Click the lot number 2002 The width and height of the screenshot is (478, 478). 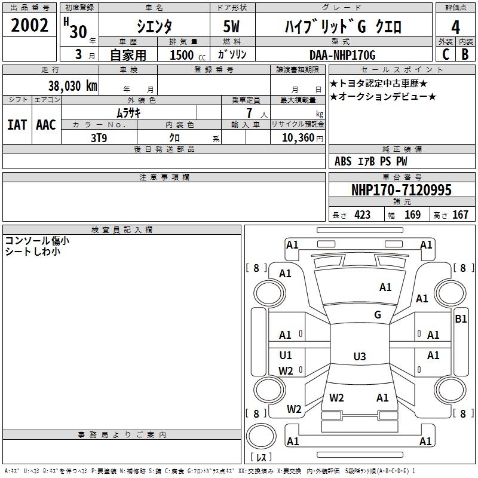coord(30,26)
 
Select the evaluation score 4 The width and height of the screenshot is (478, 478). coord(455,27)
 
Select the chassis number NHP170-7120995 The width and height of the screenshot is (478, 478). coord(401,191)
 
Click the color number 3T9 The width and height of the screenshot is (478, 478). coord(99,137)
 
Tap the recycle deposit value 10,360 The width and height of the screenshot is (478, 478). coord(296,137)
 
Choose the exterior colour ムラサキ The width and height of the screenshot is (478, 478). coord(128,112)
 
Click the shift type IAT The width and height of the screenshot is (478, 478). coord(17,125)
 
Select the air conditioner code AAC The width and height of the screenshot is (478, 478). coord(45,125)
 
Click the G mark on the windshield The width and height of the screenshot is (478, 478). coord(378,315)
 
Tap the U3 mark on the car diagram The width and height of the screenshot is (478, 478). coord(359,357)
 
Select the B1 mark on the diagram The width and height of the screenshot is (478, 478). coord(461,319)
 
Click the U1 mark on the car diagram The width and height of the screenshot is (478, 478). coord(286,356)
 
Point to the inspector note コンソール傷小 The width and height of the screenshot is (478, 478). coord(37,240)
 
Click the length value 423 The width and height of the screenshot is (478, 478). coord(362,215)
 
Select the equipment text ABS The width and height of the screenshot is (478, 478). coord(343,161)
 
